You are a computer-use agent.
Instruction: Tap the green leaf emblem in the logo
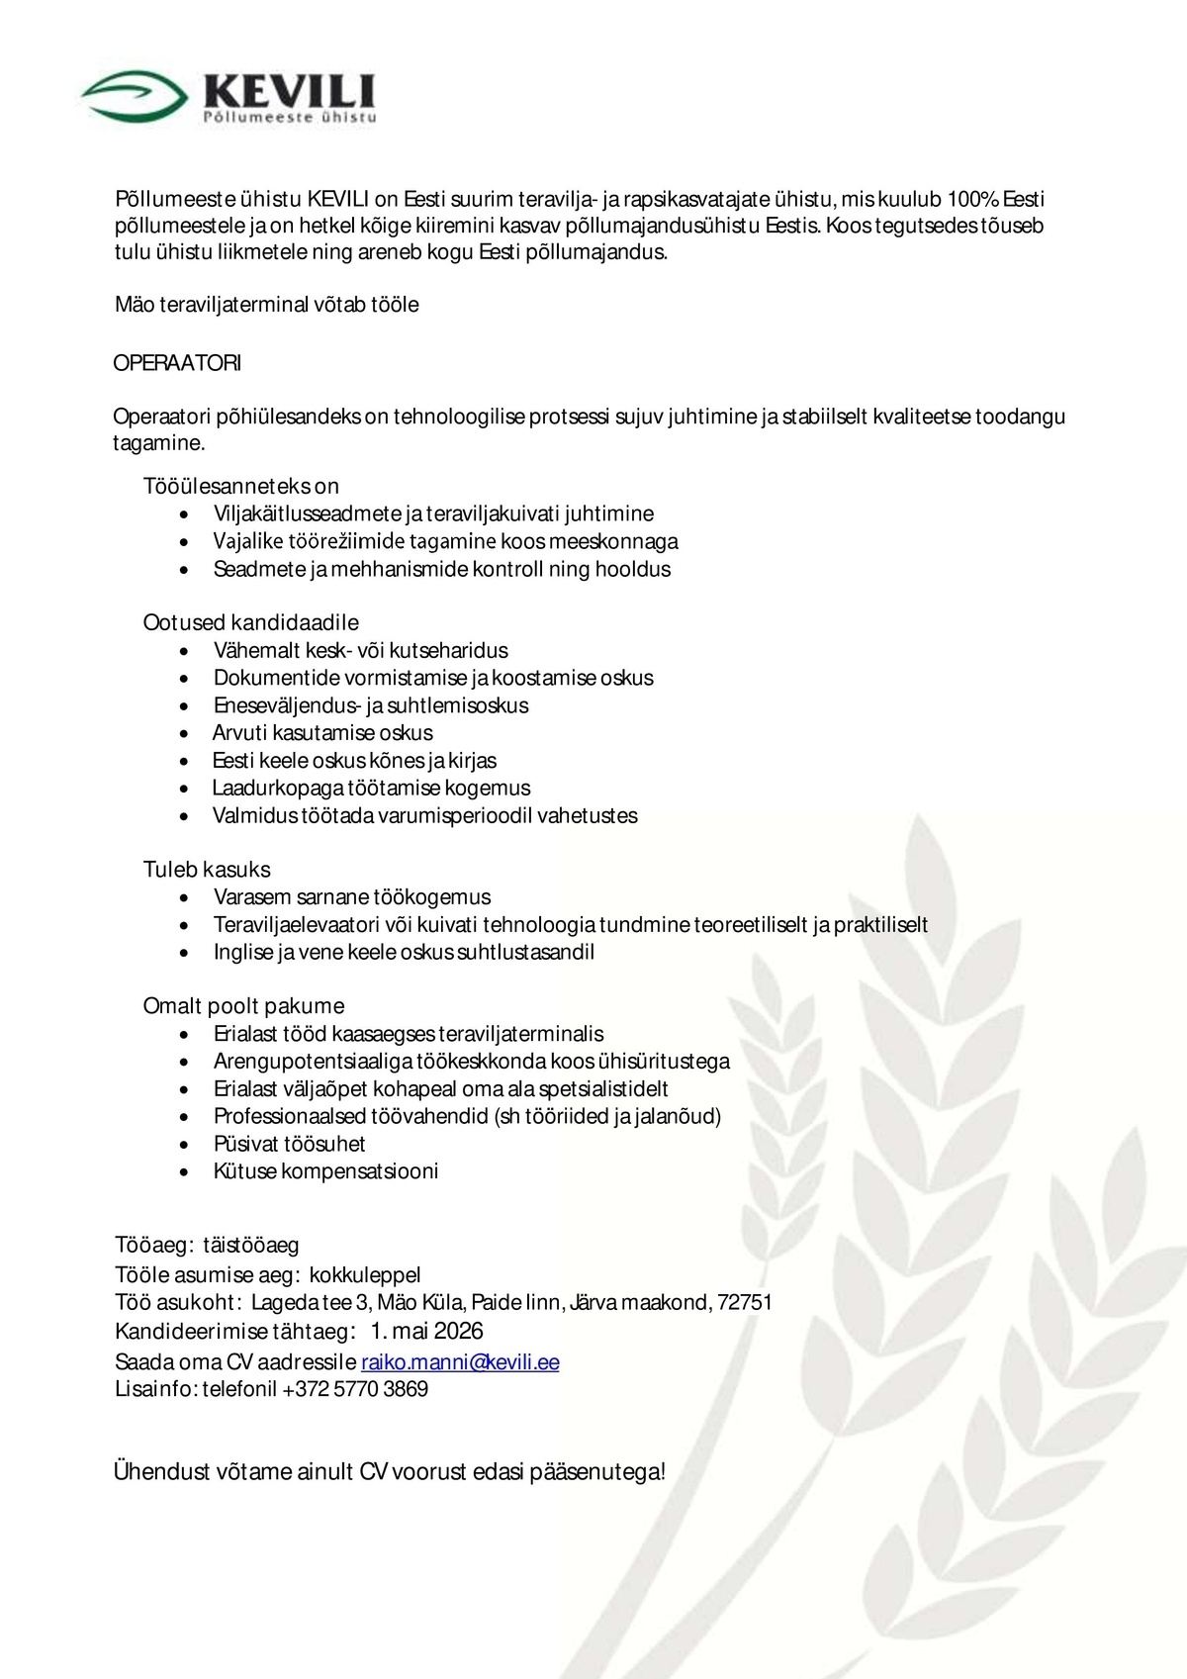(135, 95)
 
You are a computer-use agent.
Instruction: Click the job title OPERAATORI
(177, 363)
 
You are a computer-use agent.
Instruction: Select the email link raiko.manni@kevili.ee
(460, 1362)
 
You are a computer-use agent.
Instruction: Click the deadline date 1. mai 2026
(427, 1331)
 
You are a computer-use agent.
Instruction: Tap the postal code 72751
(745, 1302)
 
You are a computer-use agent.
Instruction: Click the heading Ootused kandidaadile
(250, 622)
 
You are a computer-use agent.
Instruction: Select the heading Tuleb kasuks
(207, 870)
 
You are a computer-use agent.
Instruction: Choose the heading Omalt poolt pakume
(243, 1006)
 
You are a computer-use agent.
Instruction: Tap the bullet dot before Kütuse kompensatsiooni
(185, 1172)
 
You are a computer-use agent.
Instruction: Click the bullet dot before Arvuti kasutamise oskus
(185, 734)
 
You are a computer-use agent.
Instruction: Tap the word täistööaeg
(251, 1245)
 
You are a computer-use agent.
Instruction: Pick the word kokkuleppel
(365, 1274)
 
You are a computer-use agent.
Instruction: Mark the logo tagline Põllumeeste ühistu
(290, 118)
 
